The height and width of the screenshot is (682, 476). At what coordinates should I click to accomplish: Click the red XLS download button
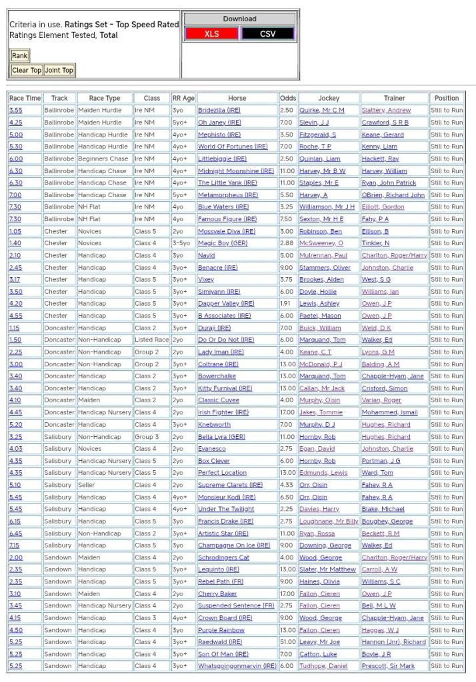click(x=211, y=33)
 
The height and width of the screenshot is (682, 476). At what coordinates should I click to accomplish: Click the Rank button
click(x=19, y=56)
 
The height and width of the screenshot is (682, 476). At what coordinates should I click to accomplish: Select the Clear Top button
click(x=27, y=70)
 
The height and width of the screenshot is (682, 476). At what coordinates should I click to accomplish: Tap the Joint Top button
click(x=59, y=70)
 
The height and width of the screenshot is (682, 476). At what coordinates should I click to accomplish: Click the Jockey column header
click(x=328, y=98)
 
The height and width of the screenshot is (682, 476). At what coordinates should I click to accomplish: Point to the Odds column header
click(x=287, y=98)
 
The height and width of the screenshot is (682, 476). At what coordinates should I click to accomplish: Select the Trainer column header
click(x=394, y=98)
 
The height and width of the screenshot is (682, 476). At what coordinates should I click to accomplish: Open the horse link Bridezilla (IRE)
click(x=219, y=110)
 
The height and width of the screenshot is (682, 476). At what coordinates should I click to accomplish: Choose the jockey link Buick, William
click(x=320, y=328)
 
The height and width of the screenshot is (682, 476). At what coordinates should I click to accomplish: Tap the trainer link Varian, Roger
click(x=381, y=400)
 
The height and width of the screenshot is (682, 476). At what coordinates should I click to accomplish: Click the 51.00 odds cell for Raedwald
click(x=287, y=642)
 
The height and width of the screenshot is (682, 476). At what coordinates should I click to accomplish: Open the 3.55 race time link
click(x=15, y=110)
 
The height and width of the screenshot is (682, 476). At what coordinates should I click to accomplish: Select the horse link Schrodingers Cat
click(x=223, y=557)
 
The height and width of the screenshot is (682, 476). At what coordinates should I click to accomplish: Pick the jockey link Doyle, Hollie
click(x=317, y=291)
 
